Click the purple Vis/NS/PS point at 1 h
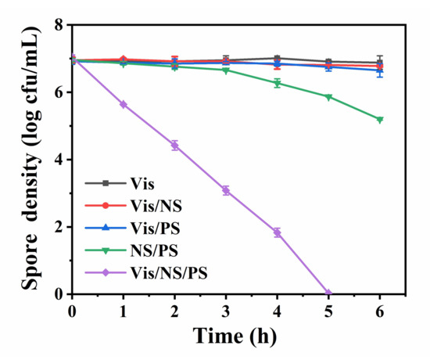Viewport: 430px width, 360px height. point(124,104)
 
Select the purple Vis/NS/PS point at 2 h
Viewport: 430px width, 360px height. point(174,146)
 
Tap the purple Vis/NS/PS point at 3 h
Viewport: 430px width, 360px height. point(226,190)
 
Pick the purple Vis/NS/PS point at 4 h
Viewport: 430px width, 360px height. point(277,232)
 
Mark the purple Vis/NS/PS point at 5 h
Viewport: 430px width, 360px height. point(328,293)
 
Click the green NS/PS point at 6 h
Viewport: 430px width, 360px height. point(380,120)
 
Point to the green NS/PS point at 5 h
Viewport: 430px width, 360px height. point(328,97)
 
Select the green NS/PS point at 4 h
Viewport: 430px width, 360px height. point(277,83)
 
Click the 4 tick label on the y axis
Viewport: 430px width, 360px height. point(59,160)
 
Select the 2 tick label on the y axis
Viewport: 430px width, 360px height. point(59,227)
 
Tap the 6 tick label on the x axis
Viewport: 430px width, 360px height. point(380,310)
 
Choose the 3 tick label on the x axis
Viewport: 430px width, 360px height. point(226,310)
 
